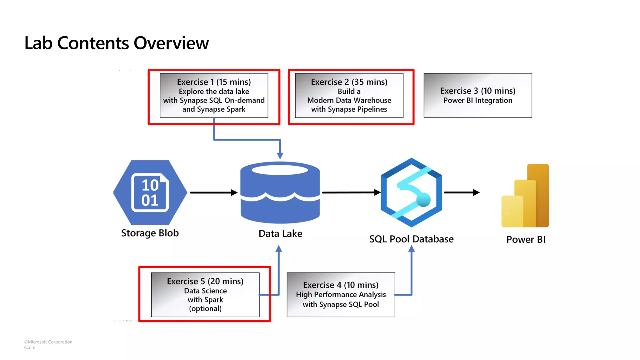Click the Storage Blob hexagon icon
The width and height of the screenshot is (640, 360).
tap(150, 192)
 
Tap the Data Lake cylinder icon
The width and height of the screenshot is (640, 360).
tap(280, 192)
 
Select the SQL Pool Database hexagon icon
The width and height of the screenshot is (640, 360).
tap(411, 192)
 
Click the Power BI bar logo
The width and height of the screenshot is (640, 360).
tap(525, 196)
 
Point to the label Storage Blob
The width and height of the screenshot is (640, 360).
tap(150, 233)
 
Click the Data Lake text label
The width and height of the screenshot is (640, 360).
tap(280, 234)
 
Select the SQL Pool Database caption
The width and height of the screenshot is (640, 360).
tap(411, 239)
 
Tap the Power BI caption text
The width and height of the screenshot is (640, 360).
tap(526, 240)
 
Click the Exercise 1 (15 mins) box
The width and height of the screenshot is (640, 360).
tap(214, 95)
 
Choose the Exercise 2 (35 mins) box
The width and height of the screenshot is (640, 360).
tap(349, 95)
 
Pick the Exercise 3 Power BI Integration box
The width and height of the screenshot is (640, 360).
tap(477, 95)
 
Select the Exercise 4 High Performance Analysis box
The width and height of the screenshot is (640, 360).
tap(341, 294)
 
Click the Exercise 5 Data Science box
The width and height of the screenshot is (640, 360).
tap(205, 294)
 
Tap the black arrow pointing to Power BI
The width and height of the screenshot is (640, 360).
tap(461, 192)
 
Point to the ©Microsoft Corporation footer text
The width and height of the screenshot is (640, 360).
tap(48, 342)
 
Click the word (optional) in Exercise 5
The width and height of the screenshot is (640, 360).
tap(205, 309)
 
